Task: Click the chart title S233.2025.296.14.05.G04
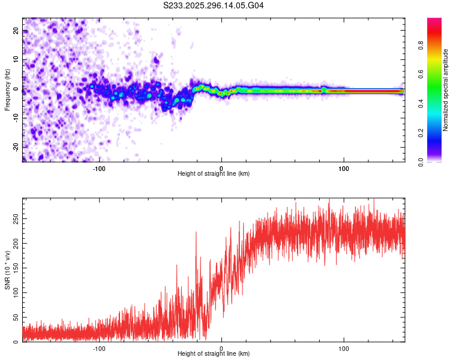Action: click(x=214, y=5)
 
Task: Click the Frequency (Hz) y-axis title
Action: click(x=8, y=91)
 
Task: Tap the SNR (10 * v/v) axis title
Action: click(x=8, y=270)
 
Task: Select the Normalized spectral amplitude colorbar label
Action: click(x=446, y=90)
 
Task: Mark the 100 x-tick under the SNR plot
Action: click(x=344, y=348)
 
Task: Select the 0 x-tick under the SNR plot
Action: click(x=221, y=348)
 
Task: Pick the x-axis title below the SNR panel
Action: click(x=214, y=354)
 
